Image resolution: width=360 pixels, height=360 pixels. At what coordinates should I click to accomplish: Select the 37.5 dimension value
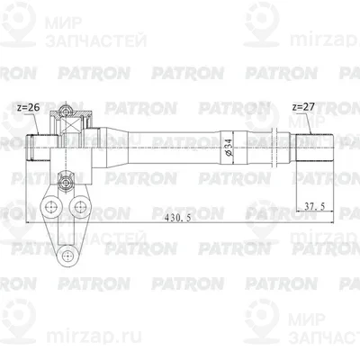[315, 206]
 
